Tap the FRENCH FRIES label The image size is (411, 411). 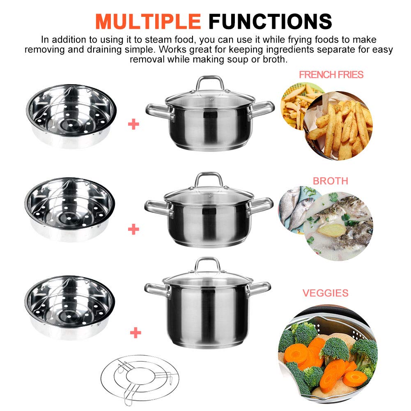pyautogui.click(x=331, y=75)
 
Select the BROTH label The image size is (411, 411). pyautogui.click(x=330, y=181)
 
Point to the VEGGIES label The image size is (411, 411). pyautogui.click(x=325, y=293)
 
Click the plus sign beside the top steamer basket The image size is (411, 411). pyautogui.click(x=133, y=124)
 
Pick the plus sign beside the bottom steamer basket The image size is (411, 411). pyautogui.click(x=133, y=332)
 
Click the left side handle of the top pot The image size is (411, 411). pyautogui.click(x=156, y=110)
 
